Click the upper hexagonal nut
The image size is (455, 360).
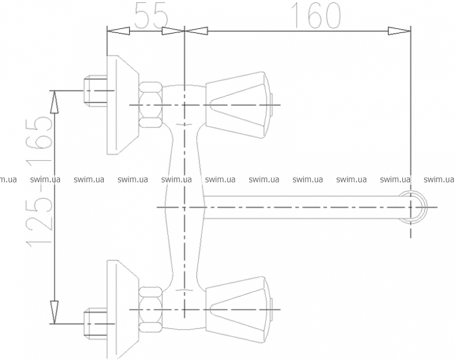coord(149,105)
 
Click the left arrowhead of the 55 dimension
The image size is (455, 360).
coord(118,31)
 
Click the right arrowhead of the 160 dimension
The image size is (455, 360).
coord(400,31)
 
